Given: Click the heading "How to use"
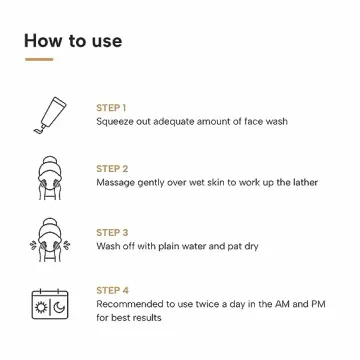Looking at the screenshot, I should click(x=73, y=41).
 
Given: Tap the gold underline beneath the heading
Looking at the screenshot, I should click(x=38, y=59).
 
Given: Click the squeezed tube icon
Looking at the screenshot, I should click(x=48, y=115).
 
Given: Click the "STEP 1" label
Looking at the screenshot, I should click(x=111, y=107).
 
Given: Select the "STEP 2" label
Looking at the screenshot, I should click(x=112, y=169).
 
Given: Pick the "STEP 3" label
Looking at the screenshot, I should click(x=112, y=231).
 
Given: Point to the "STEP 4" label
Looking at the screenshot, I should click(x=112, y=290).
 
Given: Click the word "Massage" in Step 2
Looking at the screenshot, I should click(x=116, y=184).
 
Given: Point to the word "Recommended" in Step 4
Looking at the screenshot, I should click(x=129, y=304).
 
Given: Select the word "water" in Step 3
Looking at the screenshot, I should click(x=184, y=245).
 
